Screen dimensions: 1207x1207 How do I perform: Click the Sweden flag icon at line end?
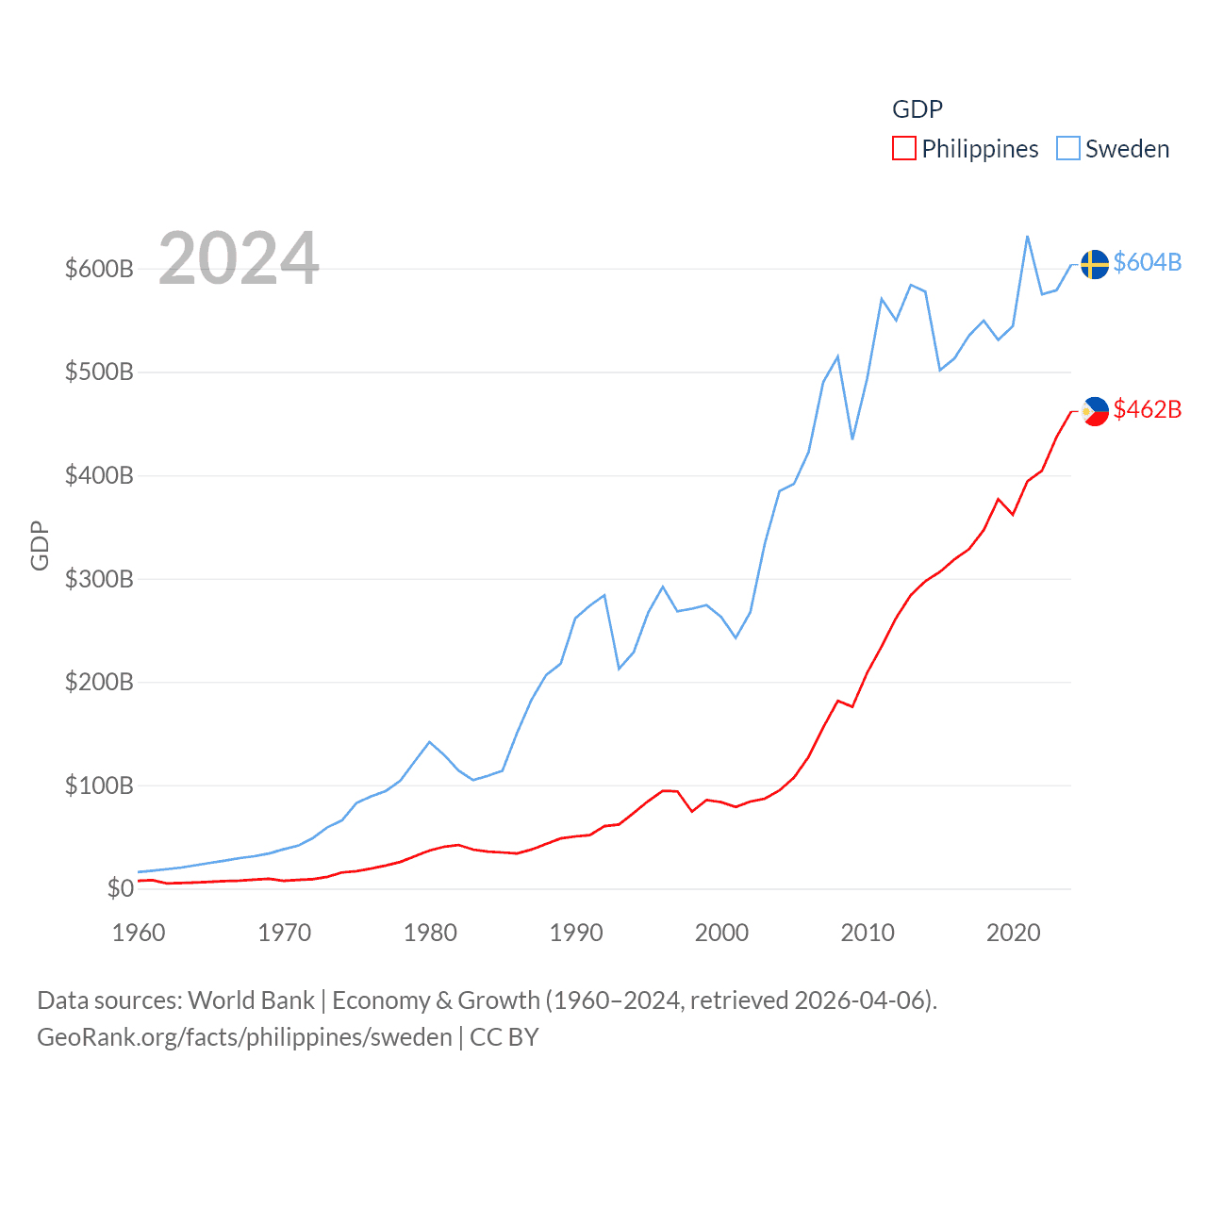[x=1094, y=265]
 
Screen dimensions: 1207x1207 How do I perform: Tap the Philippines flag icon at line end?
[x=1095, y=411]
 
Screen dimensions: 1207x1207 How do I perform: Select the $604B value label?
[x=1147, y=262]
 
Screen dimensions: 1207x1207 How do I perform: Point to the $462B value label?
[x=1147, y=409]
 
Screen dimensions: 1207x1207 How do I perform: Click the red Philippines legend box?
[x=903, y=149]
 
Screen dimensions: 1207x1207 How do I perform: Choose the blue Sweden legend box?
[x=1067, y=149]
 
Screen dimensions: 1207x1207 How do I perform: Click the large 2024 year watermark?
[x=239, y=258]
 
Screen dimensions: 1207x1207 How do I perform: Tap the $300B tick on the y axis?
[x=99, y=579]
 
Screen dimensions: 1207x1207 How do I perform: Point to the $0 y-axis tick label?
[x=120, y=888]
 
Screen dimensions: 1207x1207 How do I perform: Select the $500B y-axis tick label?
[x=99, y=372]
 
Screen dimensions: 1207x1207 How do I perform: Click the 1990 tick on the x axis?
[x=576, y=933]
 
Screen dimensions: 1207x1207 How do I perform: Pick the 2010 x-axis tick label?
[x=868, y=933]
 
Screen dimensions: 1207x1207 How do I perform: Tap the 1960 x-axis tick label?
[x=139, y=933]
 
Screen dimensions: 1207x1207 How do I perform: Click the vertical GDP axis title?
[x=40, y=545]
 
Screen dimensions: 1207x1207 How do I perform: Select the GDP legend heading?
[x=917, y=109]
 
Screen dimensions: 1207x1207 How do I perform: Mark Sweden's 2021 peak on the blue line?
[x=1027, y=237]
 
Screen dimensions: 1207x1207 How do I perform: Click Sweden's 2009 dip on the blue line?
[x=852, y=438]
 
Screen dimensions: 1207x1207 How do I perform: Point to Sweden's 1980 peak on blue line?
[x=430, y=742]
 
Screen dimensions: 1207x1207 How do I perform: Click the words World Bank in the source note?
[x=251, y=1000]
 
